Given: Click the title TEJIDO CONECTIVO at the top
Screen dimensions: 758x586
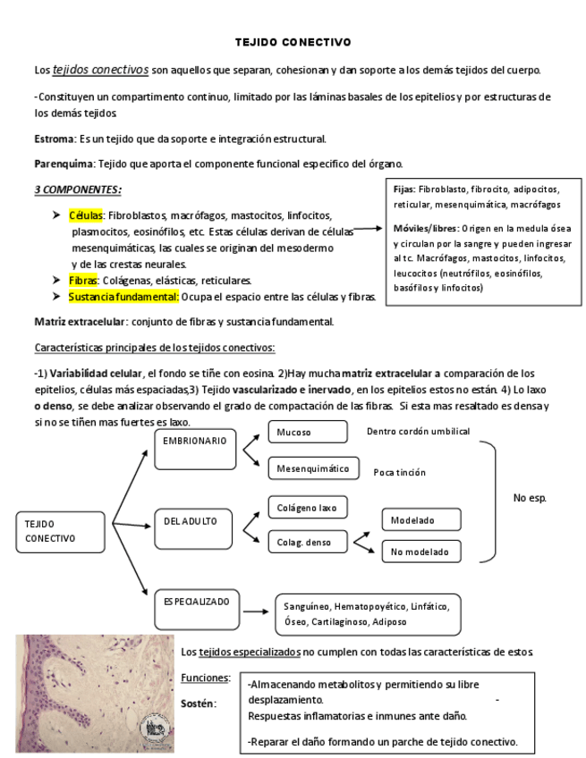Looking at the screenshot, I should tap(293, 42).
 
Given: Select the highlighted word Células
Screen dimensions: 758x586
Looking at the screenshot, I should tap(88, 215).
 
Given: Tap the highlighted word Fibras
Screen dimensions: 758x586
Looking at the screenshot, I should tap(83, 280).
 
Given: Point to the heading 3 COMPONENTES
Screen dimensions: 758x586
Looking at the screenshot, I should tap(78, 189).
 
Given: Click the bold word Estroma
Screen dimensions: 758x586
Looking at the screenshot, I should tap(54, 139).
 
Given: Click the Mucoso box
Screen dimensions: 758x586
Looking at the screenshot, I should tap(307, 433).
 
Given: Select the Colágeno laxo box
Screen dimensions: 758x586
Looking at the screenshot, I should tap(307, 508).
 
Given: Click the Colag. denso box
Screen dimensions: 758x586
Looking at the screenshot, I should tap(307, 542).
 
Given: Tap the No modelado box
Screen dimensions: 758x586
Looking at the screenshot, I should tap(421, 552).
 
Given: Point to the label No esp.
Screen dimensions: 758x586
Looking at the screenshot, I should tap(530, 498).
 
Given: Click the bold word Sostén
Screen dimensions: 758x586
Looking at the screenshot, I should tap(199, 703).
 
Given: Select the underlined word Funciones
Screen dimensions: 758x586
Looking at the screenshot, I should tap(206, 678).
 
